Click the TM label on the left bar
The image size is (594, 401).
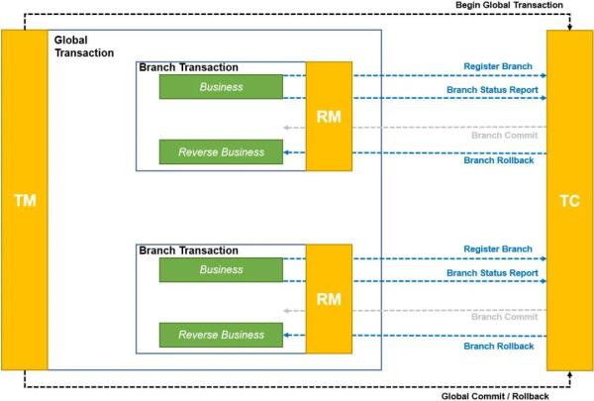pos(25,200)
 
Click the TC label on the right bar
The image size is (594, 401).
pos(570,201)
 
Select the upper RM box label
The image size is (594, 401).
pos(329,117)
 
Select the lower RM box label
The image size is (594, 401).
pos(329,299)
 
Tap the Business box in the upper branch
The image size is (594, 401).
pos(221,87)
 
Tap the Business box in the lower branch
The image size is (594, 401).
pos(221,270)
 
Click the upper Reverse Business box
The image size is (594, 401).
pos(221,152)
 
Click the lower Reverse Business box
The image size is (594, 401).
pos(221,335)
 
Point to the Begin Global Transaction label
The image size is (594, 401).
pos(509,5)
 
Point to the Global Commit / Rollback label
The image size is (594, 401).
pos(495,396)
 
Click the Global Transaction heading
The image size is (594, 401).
pos(84,47)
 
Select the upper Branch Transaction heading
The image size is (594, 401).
pos(189,67)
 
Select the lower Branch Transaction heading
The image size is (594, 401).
pos(189,251)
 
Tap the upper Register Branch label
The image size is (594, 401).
pos(498,66)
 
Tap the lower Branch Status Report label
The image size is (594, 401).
pos(492,273)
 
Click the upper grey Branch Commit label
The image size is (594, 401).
pos(505,136)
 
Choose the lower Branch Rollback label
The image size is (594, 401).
pos(499,346)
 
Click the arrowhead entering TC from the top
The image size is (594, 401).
pos(570,28)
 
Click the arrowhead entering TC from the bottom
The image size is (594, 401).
pos(570,374)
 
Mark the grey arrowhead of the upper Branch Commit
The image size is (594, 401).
pos(286,128)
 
